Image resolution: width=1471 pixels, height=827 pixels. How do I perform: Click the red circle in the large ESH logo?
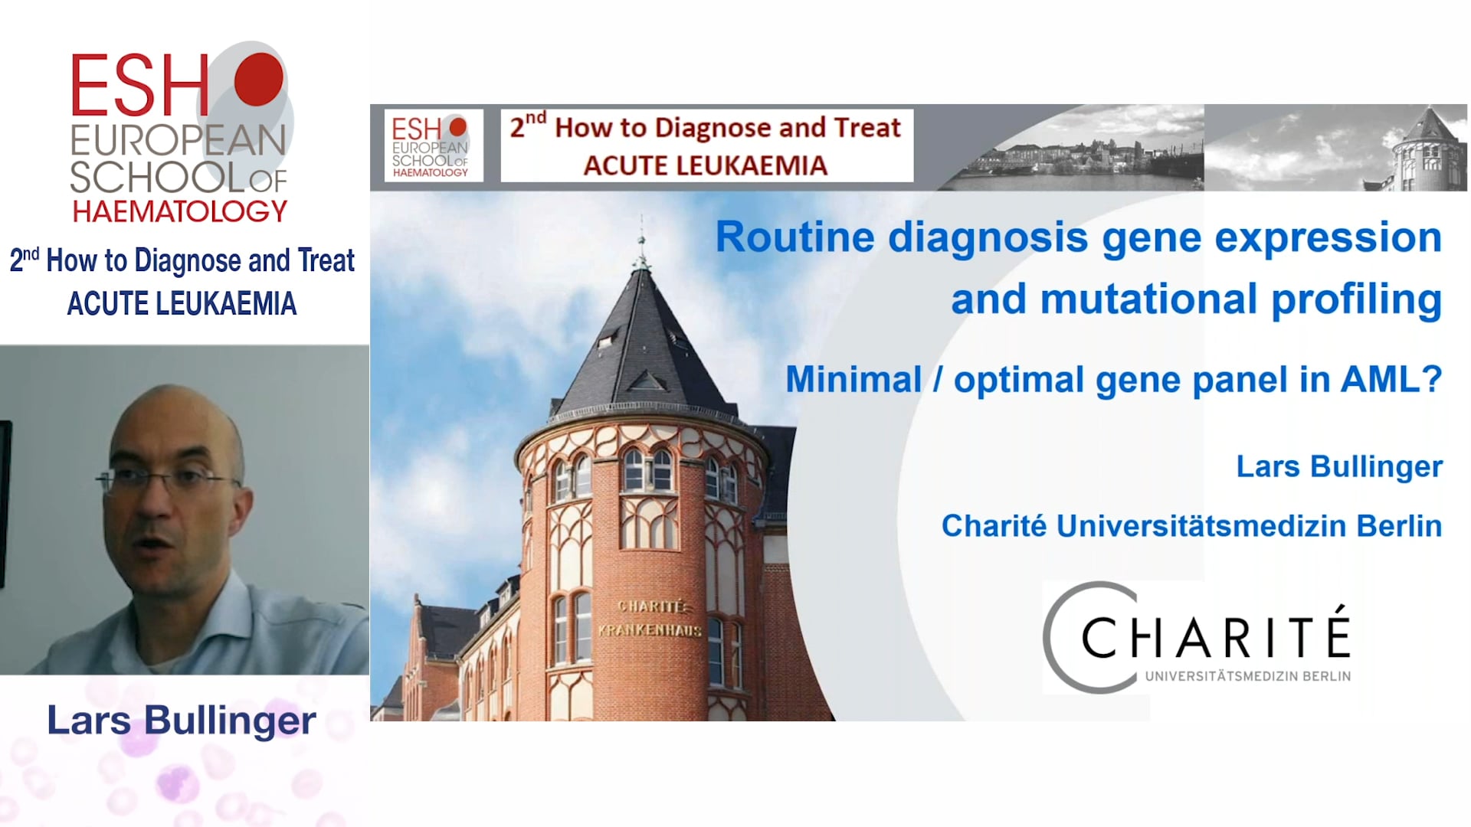click(x=259, y=79)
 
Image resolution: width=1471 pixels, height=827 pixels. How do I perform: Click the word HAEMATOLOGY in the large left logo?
click(x=179, y=211)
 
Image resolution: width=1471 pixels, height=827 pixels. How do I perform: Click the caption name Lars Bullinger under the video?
click(x=182, y=721)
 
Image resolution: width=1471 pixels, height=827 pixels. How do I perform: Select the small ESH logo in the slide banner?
click(x=430, y=145)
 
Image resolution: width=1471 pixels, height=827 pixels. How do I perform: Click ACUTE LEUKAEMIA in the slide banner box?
click(x=706, y=165)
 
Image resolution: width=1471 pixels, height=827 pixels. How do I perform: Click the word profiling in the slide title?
click(x=1357, y=299)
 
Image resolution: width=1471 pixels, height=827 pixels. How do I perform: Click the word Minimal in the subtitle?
click(x=853, y=379)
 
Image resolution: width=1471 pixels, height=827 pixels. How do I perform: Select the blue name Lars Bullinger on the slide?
click(x=1339, y=466)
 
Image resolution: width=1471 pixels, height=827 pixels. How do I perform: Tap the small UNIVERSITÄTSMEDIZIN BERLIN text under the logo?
click(x=1248, y=676)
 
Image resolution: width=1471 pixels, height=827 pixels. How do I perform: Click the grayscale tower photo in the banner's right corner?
click(x=1335, y=148)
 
